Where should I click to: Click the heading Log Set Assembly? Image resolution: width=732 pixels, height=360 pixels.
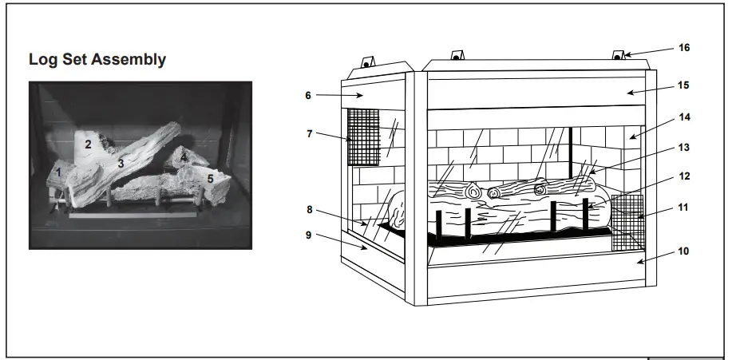(97, 60)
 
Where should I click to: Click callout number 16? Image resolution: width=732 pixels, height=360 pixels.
(683, 47)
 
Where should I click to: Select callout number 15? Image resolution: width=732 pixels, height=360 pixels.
(683, 85)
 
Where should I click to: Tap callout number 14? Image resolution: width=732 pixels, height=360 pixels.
(683, 117)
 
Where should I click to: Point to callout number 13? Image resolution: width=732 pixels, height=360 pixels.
(683, 148)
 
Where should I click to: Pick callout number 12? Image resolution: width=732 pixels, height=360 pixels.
(683, 176)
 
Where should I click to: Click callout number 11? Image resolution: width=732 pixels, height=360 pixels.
(683, 208)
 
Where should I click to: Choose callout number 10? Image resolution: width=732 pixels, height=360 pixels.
(683, 251)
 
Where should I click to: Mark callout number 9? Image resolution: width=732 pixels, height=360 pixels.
(309, 235)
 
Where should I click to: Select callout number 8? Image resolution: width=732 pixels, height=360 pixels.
(309, 211)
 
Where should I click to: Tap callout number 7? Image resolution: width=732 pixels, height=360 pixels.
(309, 133)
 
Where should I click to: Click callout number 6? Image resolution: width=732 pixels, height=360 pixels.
(308, 94)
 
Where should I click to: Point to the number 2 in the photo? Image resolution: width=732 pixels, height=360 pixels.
(89, 144)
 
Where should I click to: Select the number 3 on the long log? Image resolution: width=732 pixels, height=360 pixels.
(121, 163)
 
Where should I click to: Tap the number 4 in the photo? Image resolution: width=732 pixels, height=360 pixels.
(184, 157)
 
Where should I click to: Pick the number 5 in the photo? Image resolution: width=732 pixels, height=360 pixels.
(210, 179)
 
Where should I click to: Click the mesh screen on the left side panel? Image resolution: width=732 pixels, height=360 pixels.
(362, 136)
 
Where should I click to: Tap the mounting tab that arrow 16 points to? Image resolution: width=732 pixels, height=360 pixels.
(618, 56)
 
